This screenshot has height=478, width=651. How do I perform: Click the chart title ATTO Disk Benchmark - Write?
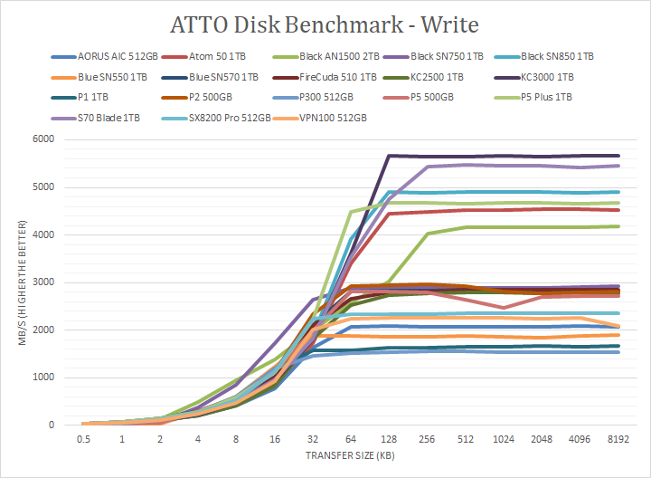pos(325,22)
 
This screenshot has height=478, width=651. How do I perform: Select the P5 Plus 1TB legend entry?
pos(551,97)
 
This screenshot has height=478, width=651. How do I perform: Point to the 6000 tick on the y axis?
pos(42,139)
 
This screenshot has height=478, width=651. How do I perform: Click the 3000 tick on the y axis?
pos(42,282)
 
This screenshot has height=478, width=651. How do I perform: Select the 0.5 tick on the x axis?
pos(83,438)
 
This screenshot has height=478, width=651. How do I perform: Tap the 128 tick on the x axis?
pos(388,438)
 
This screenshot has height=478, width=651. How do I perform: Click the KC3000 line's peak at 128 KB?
pos(388,156)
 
